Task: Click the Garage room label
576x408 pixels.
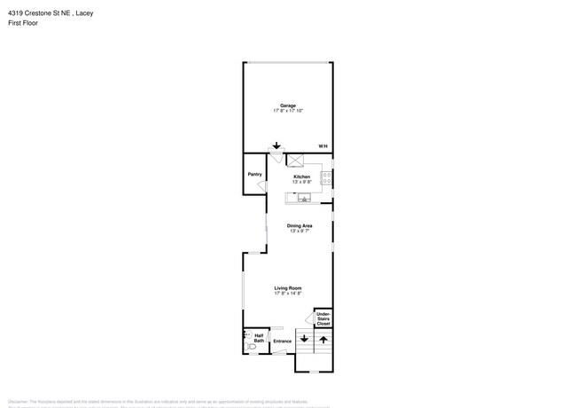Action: (288, 106)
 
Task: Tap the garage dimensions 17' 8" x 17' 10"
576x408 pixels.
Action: (288, 111)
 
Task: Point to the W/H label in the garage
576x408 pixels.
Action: (323, 146)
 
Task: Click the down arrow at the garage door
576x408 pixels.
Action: (276, 146)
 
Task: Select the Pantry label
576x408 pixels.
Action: (253, 174)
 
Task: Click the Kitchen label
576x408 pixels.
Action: (302, 177)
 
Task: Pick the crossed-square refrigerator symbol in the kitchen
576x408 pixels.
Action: (297, 159)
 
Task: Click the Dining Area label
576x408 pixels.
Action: (299, 225)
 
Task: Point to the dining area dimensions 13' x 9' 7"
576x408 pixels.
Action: (299, 231)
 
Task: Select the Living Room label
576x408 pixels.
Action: (288, 287)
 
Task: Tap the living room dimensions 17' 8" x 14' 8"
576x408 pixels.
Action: (288, 293)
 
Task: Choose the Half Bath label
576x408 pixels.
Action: (259, 338)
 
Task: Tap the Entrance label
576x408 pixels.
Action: (282, 341)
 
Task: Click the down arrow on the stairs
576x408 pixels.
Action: (304, 339)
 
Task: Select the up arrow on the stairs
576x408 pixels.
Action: (323, 339)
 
